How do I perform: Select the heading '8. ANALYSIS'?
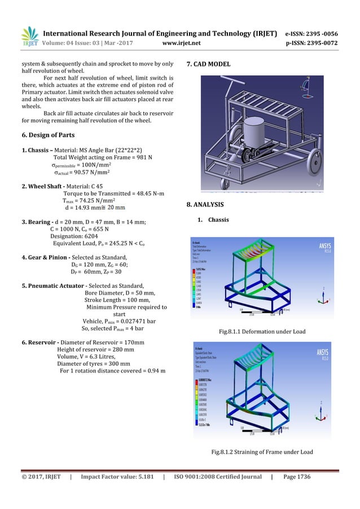204,203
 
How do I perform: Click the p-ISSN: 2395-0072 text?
319,41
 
